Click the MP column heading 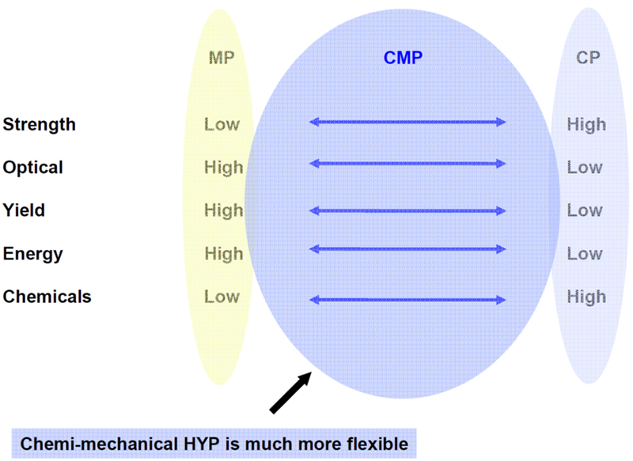[222, 58]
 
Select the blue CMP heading [403, 58]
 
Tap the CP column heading [586, 58]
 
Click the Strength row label [39, 124]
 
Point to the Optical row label [33, 168]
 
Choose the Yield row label [24, 210]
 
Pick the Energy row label [32, 254]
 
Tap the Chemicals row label [47, 297]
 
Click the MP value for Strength [222, 124]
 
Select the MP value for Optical [223, 168]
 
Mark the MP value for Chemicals [222, 297]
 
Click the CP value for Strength [586, 124]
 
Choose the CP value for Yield [585, 210]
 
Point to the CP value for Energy [585, 254]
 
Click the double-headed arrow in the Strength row [407, 122]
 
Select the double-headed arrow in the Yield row [407, 210]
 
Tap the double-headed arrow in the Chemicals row [407, 300]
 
